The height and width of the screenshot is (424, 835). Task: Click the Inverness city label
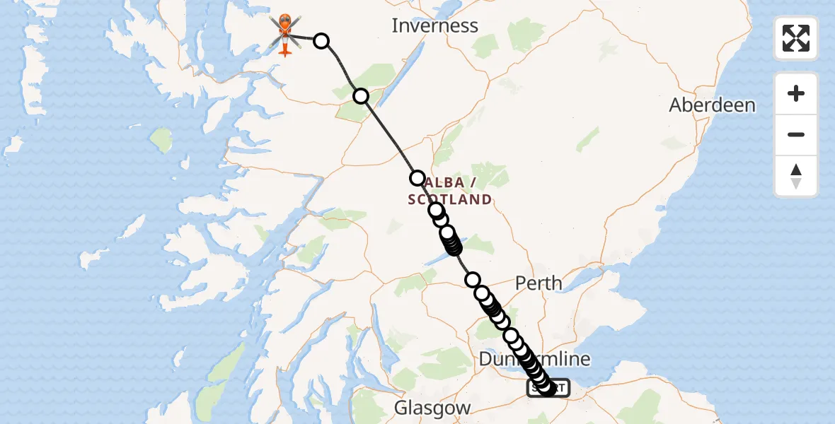click(435, 26)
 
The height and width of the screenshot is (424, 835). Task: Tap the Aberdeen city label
click(713, 105)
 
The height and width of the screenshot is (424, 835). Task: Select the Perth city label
click(539, 284)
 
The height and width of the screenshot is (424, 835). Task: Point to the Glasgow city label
click(432, 408)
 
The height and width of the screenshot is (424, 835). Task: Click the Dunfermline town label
click(534, 359)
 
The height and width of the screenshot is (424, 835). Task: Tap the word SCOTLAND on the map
click(449, 199)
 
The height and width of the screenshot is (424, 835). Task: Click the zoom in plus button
click(796, 93)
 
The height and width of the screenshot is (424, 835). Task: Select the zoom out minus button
click(796, 134)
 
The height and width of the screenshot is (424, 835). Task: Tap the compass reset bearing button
click(796, 176)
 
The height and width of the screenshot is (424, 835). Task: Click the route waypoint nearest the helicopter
click(321, 40)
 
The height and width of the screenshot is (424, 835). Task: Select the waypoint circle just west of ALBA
click(417, 177)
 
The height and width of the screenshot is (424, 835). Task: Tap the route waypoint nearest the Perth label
click(473, 280)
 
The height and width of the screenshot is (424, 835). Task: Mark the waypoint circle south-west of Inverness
click(361, 95)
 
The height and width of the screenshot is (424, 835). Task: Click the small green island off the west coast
click(161, 139)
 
